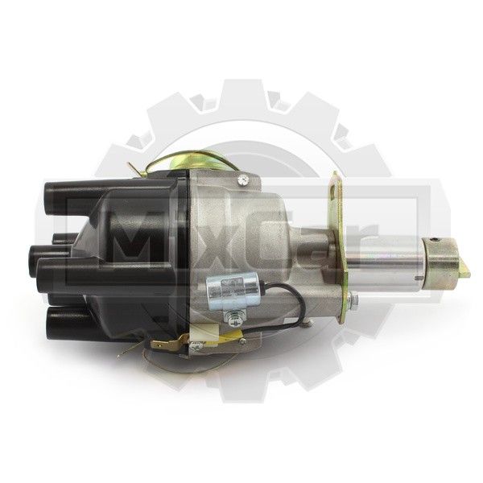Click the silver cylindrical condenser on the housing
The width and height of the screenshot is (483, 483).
click(x=232, y=291)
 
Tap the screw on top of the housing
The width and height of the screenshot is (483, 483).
click(x=243, y=179)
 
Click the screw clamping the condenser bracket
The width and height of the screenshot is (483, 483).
click(x=233, y=317)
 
